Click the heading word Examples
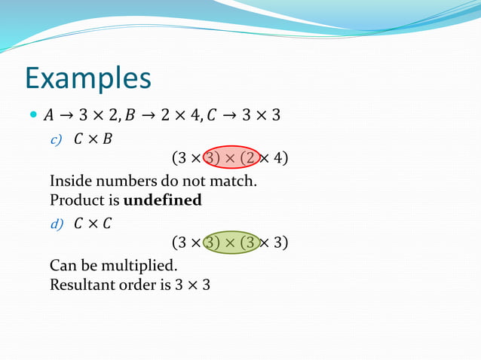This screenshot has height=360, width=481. click(87, 78)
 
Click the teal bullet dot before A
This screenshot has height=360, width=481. click(32, 116)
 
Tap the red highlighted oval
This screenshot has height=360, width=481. click(231, 158)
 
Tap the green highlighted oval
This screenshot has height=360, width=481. click(231, 243)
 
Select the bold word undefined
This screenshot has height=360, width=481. click(162, 201)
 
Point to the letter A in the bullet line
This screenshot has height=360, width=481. click(49, 116)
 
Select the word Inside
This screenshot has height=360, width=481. click(70, 182)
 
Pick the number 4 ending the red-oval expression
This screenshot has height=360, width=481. click(279, 158)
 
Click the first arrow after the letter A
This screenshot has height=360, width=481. click(67, 116)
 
